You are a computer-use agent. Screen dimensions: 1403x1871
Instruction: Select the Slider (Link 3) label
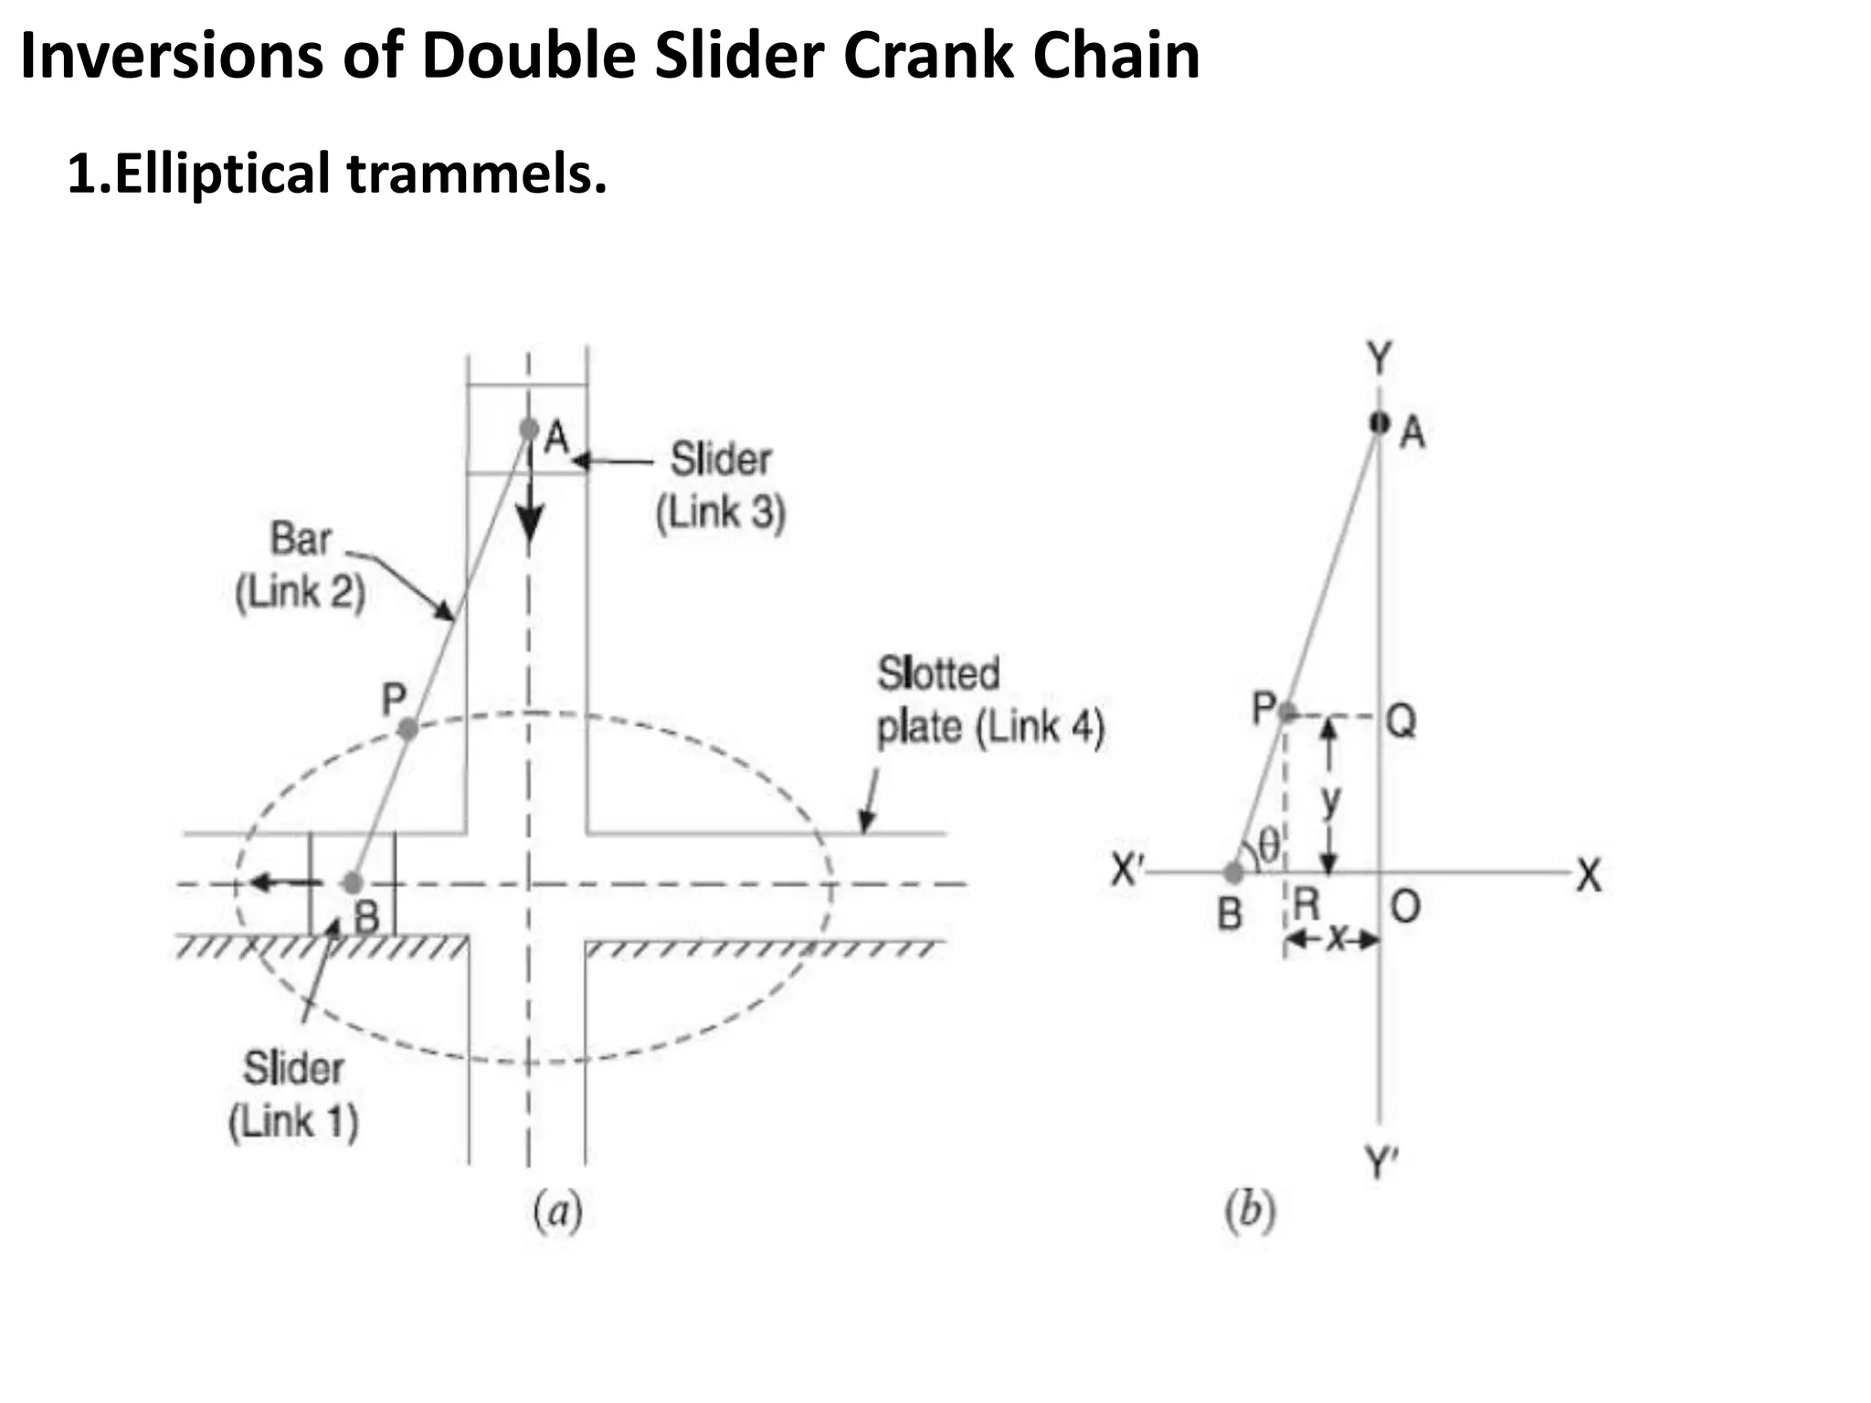721,485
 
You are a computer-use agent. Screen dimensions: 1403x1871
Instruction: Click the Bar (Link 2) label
301,565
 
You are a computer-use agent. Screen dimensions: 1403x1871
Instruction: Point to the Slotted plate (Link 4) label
990,701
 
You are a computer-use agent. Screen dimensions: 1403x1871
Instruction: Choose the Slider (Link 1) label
293,1094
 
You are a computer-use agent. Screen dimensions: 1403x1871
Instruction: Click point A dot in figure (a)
529,428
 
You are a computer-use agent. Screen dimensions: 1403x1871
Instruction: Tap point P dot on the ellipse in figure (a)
408,729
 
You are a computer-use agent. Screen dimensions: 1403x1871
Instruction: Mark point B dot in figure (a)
353,883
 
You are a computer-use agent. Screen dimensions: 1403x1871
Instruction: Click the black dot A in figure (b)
1379,423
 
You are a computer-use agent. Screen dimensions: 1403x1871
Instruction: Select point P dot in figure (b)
1286,712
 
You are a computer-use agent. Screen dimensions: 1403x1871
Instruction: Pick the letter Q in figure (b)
1401,722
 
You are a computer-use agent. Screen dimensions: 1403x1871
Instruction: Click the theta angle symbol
1269,844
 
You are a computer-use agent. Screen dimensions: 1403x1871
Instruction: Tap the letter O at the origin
1405,907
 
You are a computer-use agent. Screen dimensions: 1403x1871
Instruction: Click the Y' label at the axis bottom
1381,1164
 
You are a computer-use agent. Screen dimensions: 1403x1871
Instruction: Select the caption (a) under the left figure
557,1211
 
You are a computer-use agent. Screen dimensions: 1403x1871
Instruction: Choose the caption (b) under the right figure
1250,1211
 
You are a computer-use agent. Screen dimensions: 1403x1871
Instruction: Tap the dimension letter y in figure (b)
1332,800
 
